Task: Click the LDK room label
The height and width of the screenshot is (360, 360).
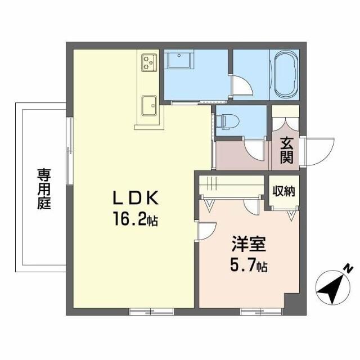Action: [137, 199]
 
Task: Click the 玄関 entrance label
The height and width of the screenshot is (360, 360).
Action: [286, 149]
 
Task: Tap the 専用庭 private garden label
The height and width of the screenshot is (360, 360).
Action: [44, 188]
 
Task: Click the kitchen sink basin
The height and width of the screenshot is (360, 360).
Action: [149, 104]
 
